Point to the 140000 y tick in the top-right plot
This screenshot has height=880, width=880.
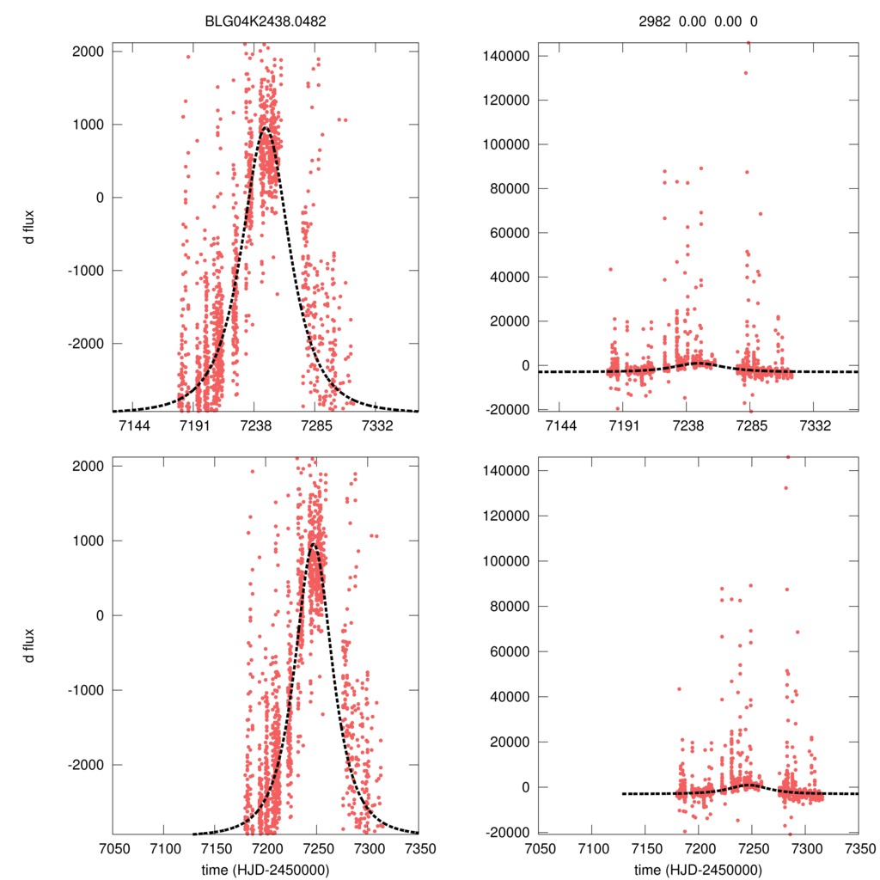(x=514, y=56)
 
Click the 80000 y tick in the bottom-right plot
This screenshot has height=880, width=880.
(x=517, y=606)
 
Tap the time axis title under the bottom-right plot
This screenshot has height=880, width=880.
(x=699, y=869)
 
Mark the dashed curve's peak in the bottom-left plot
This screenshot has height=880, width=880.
(x=314, y=543)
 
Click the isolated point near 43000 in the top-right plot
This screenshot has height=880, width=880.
(x=610, y=270)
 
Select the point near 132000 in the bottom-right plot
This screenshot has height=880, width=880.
(x=785, y=488)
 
